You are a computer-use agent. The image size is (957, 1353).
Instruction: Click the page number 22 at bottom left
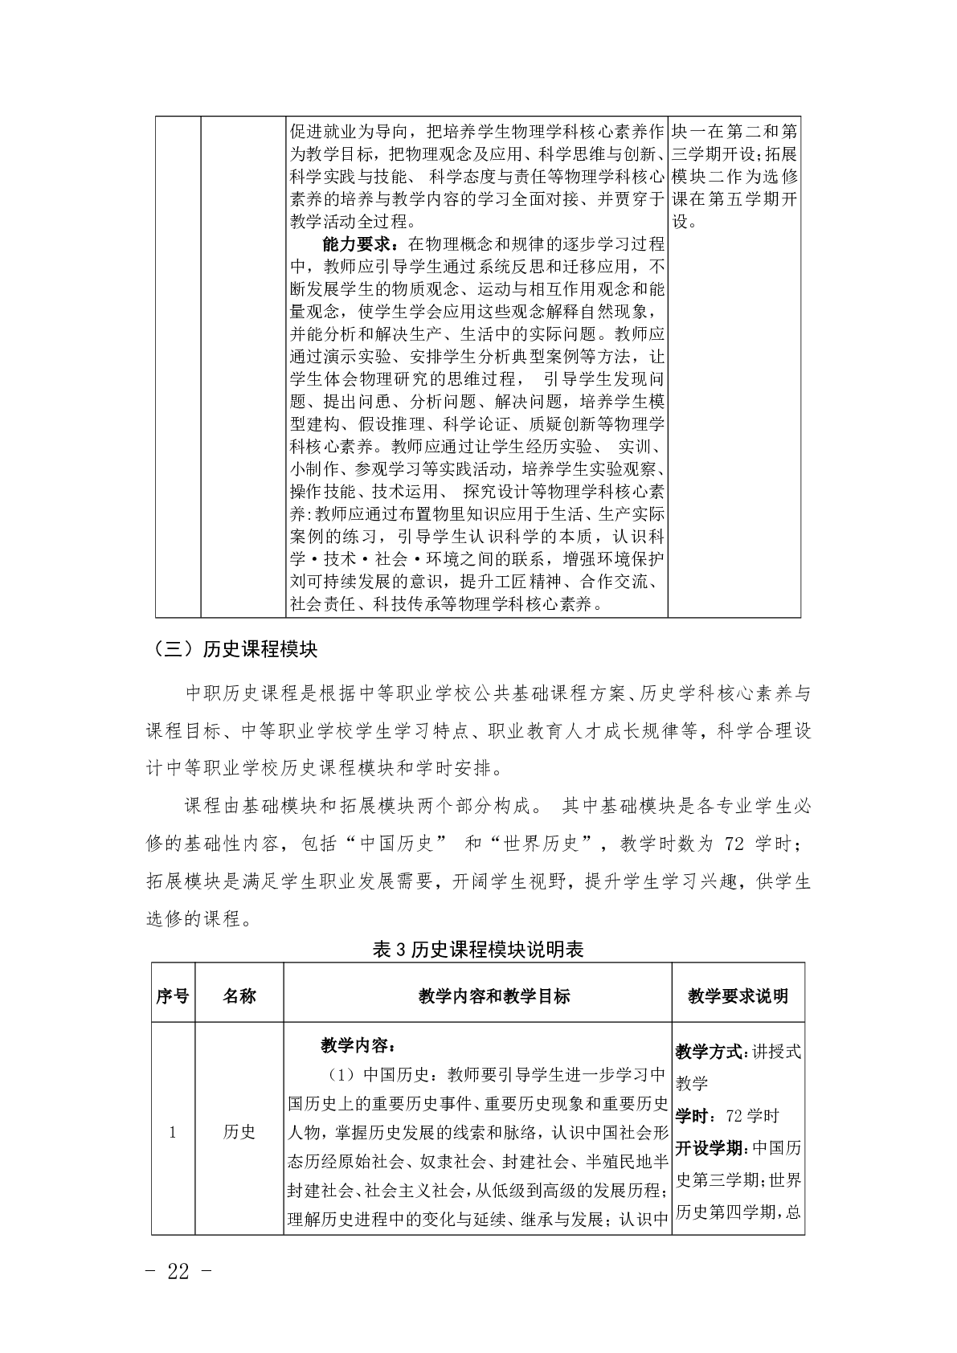(178, 1271)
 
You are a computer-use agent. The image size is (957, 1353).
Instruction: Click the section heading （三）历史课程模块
(231, 649)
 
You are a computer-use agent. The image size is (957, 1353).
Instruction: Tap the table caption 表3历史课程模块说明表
(478, 949)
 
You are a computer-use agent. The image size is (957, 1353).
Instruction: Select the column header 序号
(173, 996)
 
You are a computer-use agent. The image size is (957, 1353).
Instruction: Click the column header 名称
(239, 996)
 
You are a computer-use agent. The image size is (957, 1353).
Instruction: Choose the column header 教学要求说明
(738, 996)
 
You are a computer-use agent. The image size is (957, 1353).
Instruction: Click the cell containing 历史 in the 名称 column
(239, 1132)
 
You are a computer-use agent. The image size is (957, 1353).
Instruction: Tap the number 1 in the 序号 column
(173, 1132)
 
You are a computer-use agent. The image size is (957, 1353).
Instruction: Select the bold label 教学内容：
(358, 1045)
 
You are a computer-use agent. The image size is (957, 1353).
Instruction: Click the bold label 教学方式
(710, 1052)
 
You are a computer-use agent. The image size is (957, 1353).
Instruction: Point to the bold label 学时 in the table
(691, 1116)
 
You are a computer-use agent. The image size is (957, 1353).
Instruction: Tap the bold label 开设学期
(710, 1148)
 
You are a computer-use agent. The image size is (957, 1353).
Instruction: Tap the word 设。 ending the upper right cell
(685, 221)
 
